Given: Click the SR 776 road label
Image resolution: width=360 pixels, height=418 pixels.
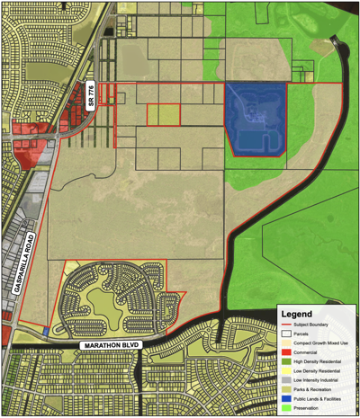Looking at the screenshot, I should coord(90,96).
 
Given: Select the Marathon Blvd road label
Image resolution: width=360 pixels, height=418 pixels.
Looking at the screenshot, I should coord(111,345).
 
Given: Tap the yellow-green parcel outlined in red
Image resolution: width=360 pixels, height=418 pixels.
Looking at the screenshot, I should coord(163,114).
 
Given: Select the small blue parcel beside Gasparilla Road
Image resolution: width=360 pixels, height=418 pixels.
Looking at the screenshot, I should coord(46,332).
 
